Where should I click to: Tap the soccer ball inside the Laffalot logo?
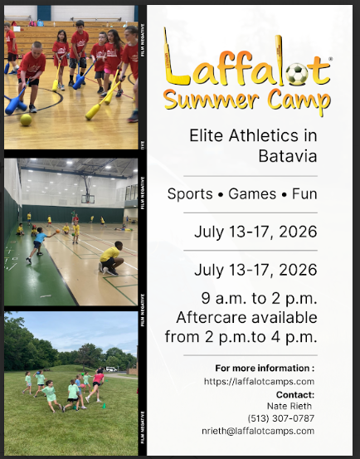coord(297,75)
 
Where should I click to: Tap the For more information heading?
coord(265,367)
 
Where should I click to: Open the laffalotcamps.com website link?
coord(260,381)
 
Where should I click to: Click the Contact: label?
coord(294,395)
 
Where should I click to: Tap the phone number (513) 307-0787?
coord(282,417)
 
